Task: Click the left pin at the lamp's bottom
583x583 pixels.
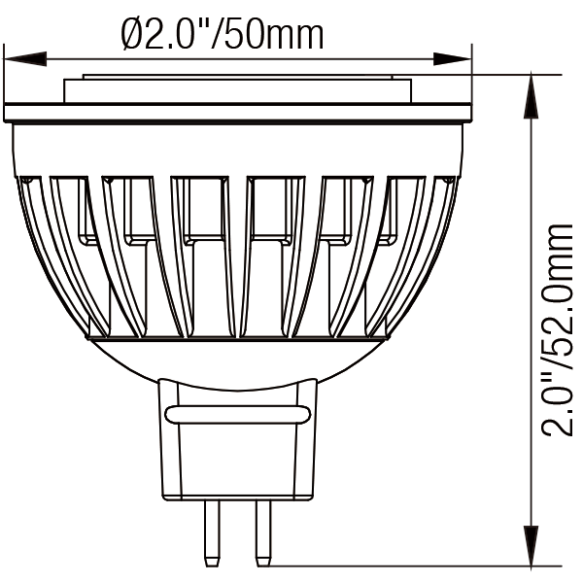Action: [209, 530]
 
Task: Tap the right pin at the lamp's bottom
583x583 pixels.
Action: [261, 530]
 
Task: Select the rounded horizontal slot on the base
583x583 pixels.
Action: [237, 415]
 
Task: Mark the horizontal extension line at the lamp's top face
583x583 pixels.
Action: [515, 75]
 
